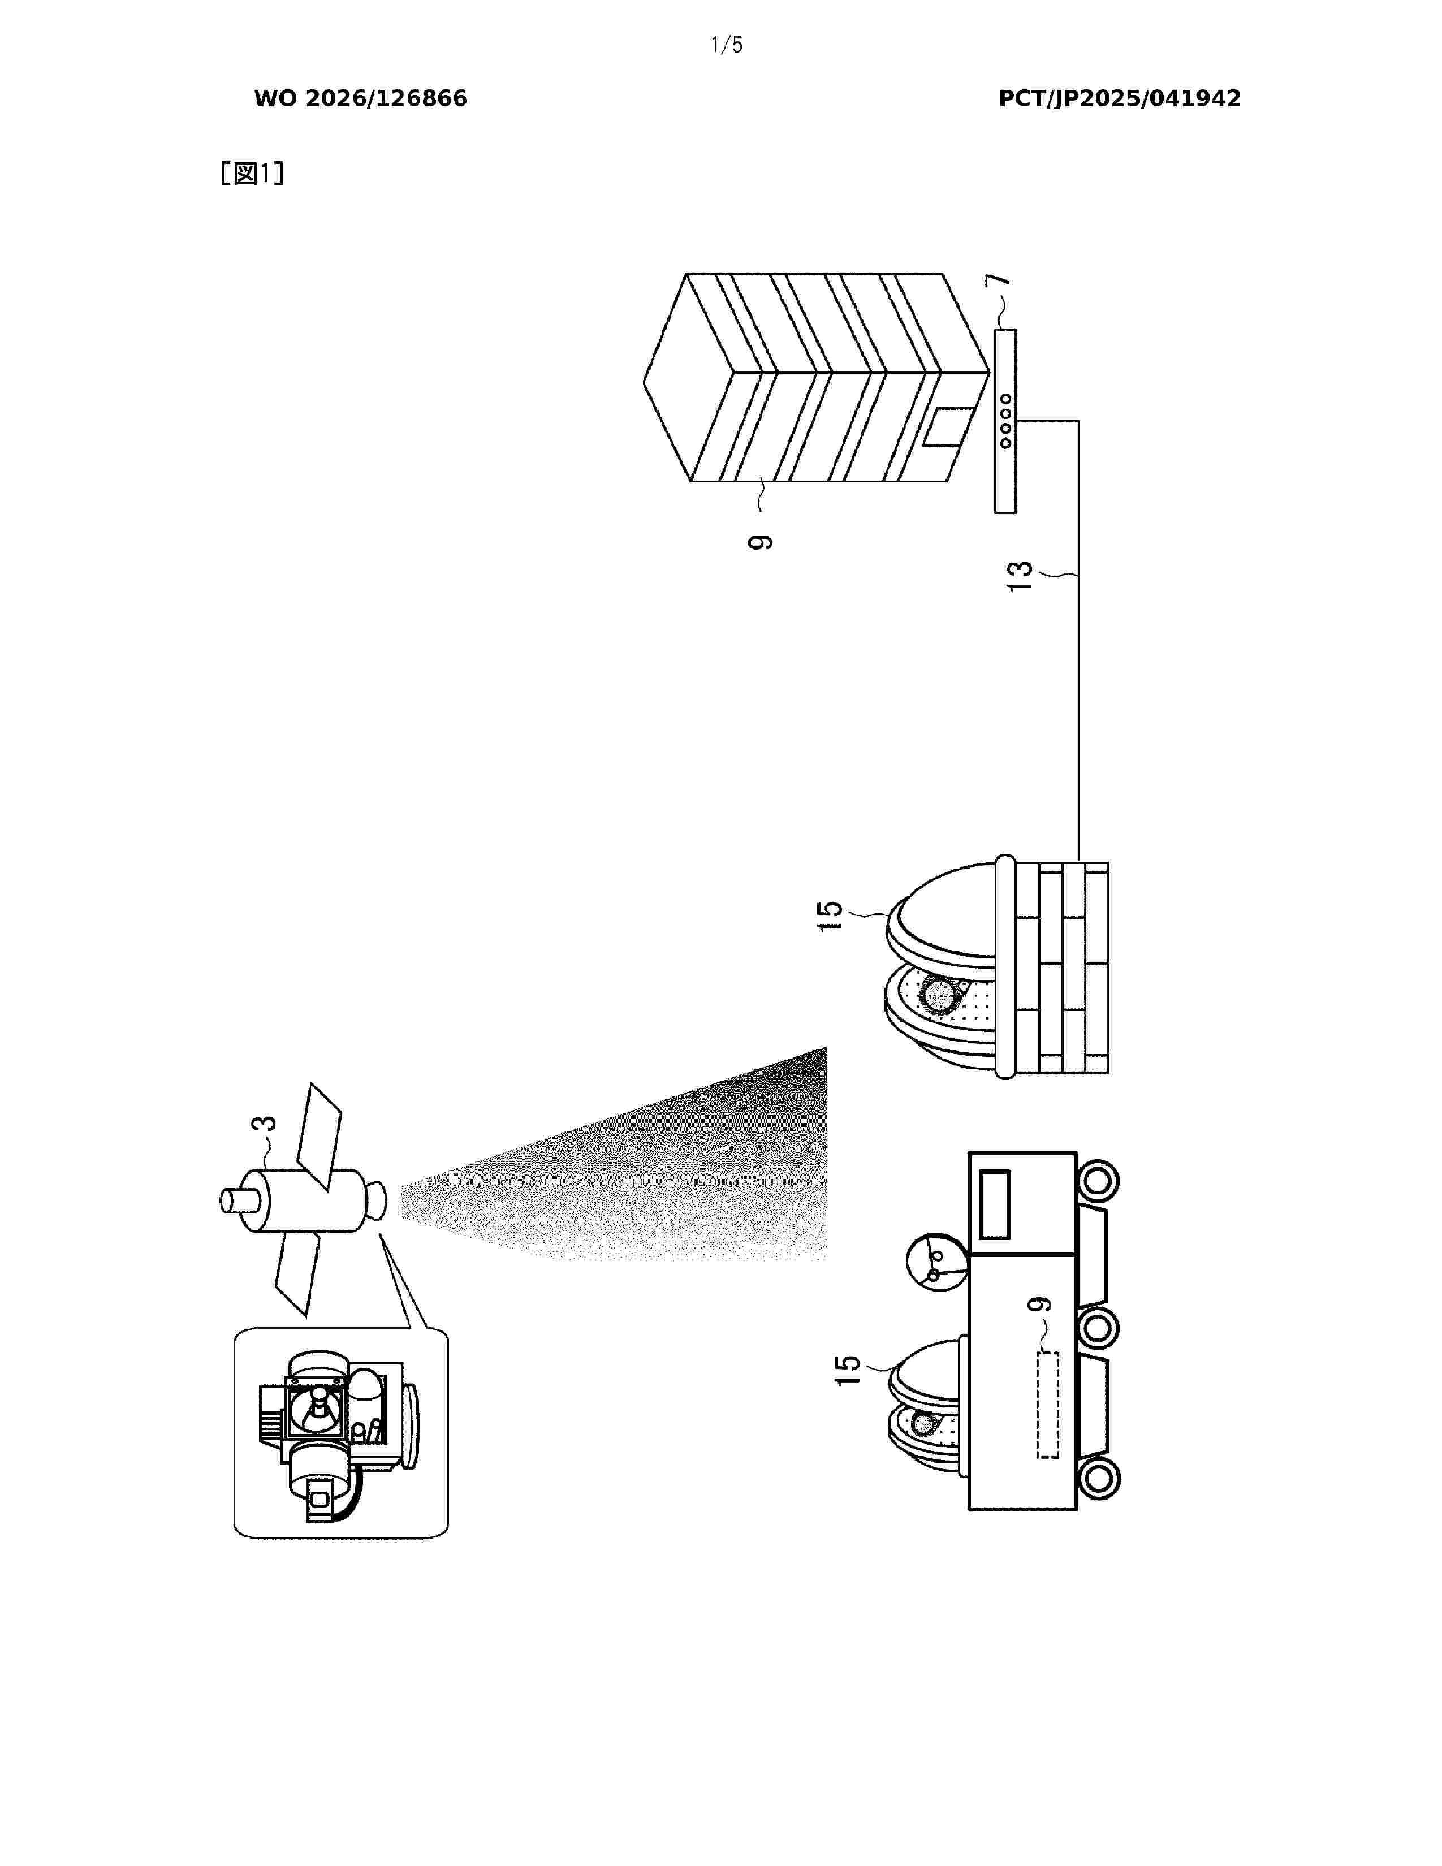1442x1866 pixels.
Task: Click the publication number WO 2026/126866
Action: [361, 99]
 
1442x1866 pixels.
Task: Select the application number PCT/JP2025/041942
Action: [1119, 99]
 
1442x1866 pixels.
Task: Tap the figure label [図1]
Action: [252, 174]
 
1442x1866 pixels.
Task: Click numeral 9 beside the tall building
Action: [759, 542]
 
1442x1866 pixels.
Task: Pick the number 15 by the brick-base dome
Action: [830, 916]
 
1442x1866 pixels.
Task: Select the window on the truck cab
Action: [994, 1204]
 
